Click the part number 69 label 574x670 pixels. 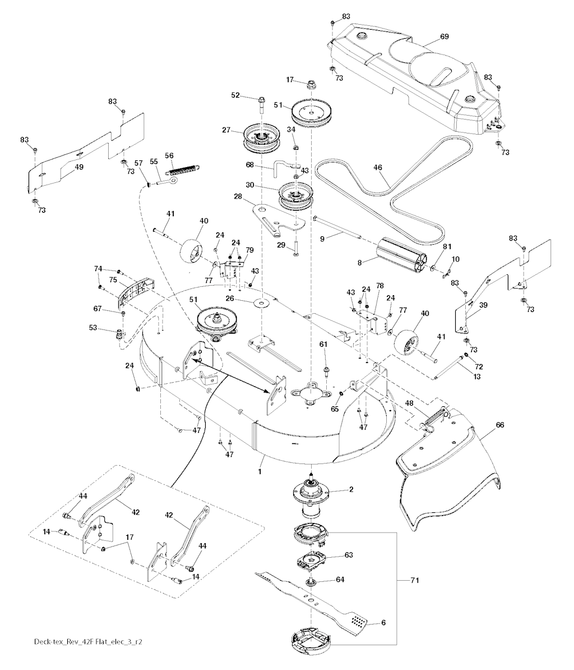pos(445,36)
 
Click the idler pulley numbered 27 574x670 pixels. pos(259,138)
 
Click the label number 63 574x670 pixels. pos(349,555)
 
